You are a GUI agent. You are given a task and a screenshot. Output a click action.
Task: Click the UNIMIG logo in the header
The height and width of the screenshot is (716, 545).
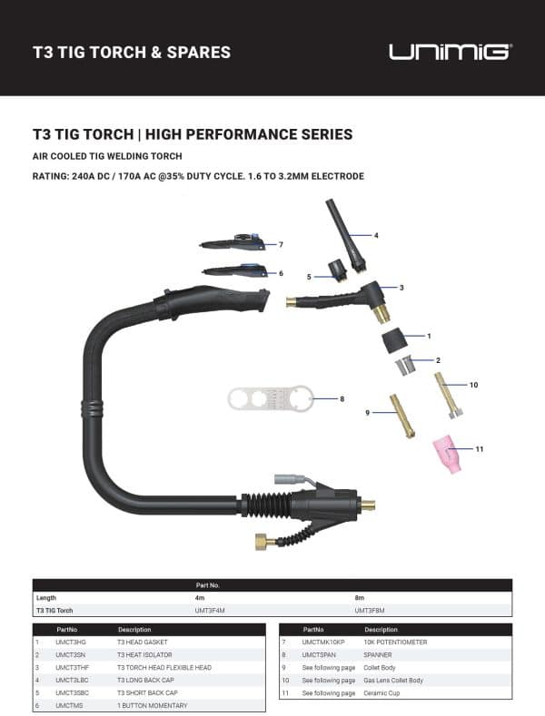(451, 51)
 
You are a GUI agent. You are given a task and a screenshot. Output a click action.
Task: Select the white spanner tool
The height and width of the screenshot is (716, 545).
(269, 398)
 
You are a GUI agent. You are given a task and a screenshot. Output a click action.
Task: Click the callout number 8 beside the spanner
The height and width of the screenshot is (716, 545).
(342, 398)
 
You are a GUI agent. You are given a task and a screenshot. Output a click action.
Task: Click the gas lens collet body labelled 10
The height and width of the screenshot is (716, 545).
(447, 397)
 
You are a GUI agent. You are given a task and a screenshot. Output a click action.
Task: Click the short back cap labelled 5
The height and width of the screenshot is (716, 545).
(340, 270)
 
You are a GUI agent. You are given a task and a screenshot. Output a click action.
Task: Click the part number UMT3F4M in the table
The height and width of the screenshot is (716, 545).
(211, 611)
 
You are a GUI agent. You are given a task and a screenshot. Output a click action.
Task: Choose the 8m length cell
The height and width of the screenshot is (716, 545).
(359, 598)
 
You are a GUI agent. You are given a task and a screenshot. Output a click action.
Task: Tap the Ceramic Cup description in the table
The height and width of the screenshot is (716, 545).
(382, 692)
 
